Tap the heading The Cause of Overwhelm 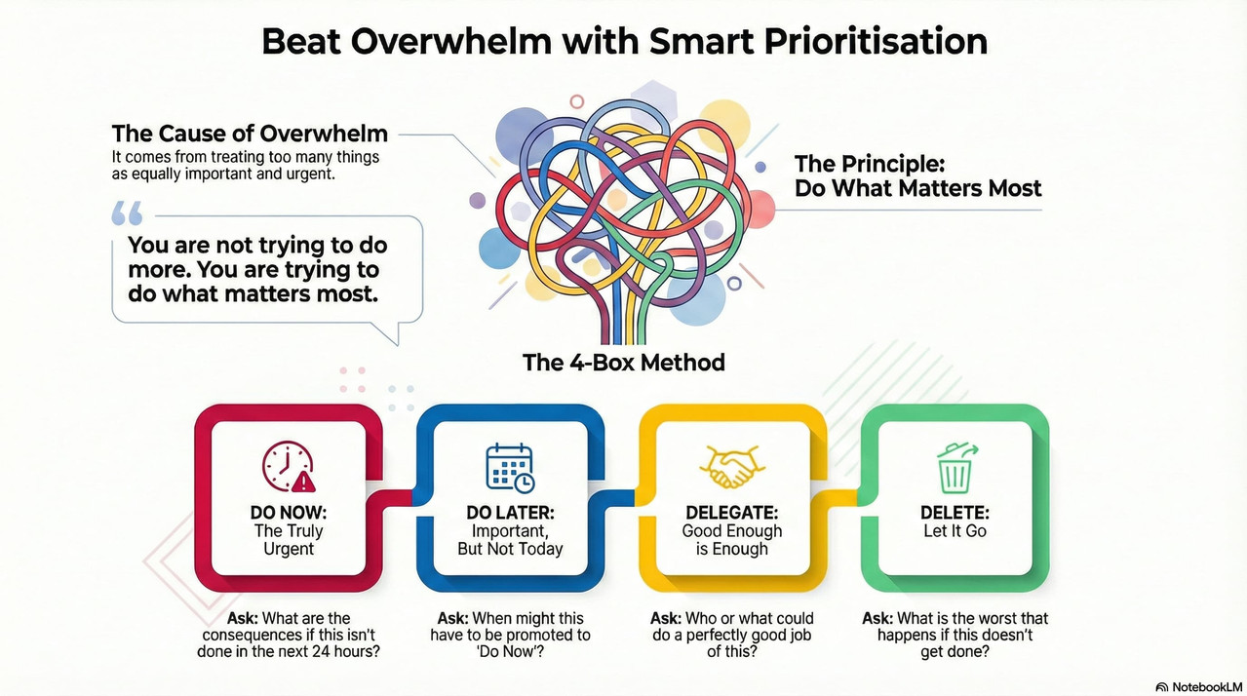250,134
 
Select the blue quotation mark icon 127,213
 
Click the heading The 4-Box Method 624,363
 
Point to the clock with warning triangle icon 289,467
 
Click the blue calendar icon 510,468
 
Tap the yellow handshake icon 732,467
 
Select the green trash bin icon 955,468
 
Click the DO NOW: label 289,513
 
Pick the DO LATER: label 511,513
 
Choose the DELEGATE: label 732,513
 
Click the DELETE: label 955,513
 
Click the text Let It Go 955,530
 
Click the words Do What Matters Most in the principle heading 917,188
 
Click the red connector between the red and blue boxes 399,497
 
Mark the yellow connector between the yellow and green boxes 842,497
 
